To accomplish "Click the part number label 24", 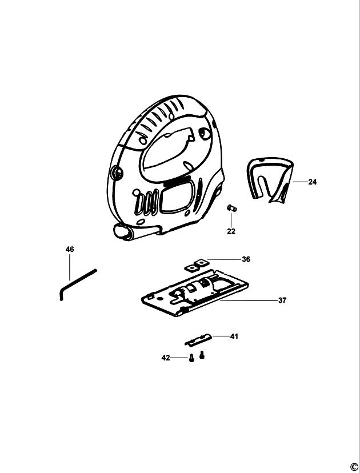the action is click(x=313, y=182).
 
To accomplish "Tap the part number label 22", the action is click(x=231, y=231).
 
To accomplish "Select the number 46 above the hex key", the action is click(x=70, y=250).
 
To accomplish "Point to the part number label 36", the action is click(x=246, y=259).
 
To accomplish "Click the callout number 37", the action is click(x=282, y=300).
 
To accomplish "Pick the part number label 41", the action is click(x=234, y=336).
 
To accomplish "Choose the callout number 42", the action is click(x=166, y=358).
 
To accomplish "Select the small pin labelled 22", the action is click(x=232, y=208).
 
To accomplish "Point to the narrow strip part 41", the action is click(x=198, y=339).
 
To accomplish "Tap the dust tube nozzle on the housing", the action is click(x=124, y=233).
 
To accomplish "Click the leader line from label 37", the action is click(x=249, y=300).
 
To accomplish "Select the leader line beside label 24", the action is click(x=300, y=182).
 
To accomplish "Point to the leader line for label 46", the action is click(x=70, y=267).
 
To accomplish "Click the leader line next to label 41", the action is click(x=221, y=336).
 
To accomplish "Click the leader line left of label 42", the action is click(x=179, y=358).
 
